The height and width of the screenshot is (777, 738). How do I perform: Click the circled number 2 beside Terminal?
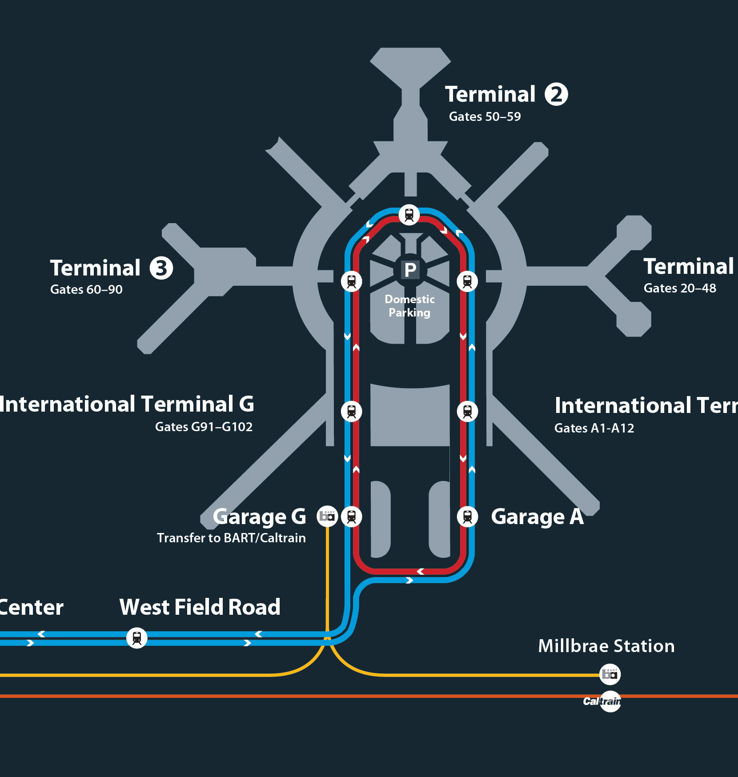(556, 94)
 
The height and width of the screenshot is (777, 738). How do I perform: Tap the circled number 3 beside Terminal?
(161, 268)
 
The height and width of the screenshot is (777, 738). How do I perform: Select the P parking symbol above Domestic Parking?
(410, 270)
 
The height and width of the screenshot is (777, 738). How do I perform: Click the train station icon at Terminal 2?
(409, 215)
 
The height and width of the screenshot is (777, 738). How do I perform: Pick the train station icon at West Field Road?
(137, 638)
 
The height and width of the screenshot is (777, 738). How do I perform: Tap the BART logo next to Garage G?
(327, 517)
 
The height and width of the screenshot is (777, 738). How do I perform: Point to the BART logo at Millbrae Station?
(610, 674)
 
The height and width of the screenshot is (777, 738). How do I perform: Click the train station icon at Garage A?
(467, 517)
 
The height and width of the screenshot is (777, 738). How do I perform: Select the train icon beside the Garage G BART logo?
(351, 517)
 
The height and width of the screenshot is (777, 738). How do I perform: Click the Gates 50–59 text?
(485, 116)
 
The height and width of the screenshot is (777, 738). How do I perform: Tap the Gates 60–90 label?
(86, 289)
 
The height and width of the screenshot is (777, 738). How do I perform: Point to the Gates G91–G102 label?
(204, 427)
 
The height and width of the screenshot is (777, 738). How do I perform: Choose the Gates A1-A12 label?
(594, 428)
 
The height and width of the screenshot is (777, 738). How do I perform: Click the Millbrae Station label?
(606, 646)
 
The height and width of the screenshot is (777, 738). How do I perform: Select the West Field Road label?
(200, 607)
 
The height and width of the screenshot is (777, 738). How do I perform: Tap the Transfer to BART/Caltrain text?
(231, 538)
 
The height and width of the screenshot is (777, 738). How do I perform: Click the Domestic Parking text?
(409, 306)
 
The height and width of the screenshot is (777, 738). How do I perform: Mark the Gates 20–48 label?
(680, 288)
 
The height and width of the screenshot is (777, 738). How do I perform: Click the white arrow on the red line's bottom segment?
(420, 571)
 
